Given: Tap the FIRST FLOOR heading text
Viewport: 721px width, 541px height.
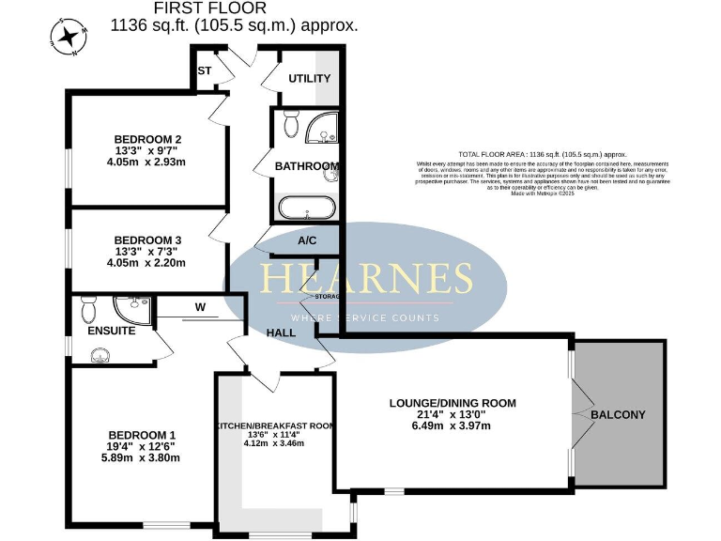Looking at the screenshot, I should pyautogui.click(x=234, y=8).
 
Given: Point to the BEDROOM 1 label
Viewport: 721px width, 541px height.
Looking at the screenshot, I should pyautogui.click(x=143, y=435).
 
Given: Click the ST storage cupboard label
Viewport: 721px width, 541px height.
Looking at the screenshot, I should pyautogui.click(x=204, y=70).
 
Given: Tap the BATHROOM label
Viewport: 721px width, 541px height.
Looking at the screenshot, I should pyautogui.click(x=305, y=167).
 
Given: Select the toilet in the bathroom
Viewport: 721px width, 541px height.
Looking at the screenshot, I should pyautogui.click(x=290, y=123).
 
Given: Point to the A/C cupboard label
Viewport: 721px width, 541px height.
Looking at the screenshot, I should pyautogui.click(x=307, y=241).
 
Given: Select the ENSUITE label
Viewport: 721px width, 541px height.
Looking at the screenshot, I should pyautogui.click(x=112, y=332).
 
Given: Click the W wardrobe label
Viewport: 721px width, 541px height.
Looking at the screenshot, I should pyautogui.click(x=200, y=306).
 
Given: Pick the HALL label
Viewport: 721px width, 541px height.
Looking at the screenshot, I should pyautogui.click(x=281, y=332).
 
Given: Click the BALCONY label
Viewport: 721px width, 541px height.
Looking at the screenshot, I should pyautogui.click(x=618, y=414).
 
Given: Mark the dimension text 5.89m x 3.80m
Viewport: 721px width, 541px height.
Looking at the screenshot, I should pyautogui.click(x=143, y=458).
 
